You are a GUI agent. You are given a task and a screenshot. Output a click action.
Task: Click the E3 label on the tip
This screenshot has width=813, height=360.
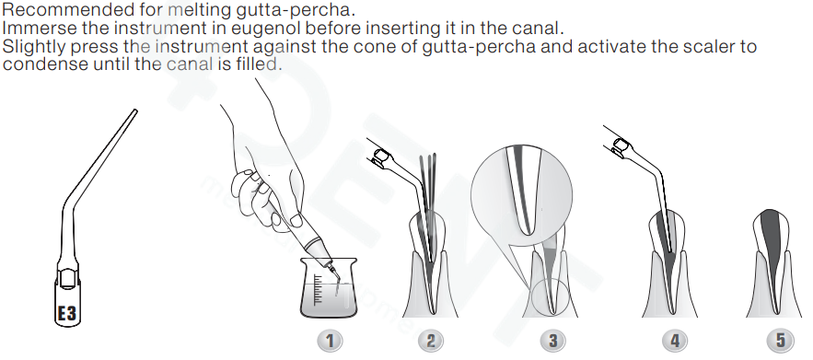[67, 313]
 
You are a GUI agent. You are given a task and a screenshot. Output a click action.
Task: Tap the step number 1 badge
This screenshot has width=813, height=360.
[330, 341]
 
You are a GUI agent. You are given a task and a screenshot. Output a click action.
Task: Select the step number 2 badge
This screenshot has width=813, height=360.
[431, 341]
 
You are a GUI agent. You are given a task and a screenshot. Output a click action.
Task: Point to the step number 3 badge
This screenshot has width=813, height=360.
[552, 341]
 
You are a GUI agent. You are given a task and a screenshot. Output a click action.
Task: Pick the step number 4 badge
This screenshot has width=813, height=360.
[675, 341]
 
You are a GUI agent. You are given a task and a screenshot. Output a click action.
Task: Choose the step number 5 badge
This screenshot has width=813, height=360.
[780, 341]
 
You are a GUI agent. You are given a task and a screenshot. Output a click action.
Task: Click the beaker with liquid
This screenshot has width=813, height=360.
[329, 287]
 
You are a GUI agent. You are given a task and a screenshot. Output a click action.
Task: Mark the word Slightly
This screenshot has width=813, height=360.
[34, 47]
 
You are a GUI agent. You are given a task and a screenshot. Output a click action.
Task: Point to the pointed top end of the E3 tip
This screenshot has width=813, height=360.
[135, 110]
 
